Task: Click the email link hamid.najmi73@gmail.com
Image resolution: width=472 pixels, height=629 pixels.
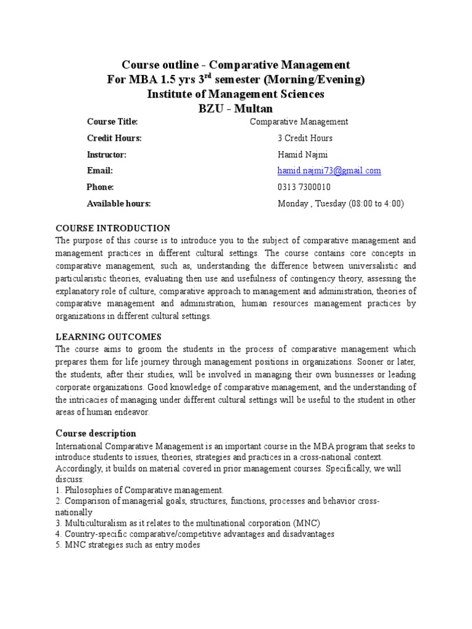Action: click(x=329, y=171)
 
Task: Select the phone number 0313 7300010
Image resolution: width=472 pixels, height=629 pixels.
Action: click(x=304, y=187)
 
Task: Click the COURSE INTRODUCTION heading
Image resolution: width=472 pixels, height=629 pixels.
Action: click(x=113, y=228)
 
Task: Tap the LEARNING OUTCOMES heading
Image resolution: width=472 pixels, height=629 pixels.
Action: click(x=109, y=337)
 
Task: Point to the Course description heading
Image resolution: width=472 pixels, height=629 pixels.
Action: click(x=96, y=433)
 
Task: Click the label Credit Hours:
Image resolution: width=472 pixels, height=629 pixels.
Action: click(x=114, y=138)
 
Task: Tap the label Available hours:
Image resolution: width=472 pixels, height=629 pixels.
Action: click(x=119, y=204)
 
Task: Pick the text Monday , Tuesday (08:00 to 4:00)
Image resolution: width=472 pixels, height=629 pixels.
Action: click(x=341, y=204)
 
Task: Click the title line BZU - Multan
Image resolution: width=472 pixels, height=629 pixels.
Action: click(x=235, y=109)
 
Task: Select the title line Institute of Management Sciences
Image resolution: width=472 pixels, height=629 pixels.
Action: click(x=235, y=94)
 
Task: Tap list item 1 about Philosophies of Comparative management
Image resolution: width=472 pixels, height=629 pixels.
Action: click(x=140, y=490)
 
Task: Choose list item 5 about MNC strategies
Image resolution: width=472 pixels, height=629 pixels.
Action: click(x=128, y=545)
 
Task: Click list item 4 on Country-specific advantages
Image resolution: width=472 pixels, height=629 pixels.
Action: click(x=195, y=534)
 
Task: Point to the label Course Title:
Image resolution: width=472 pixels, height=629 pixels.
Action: click(x=112, y=122)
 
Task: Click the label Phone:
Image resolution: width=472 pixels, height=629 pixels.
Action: click(x=100, y=187)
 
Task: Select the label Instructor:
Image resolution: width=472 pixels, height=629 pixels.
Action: click(x=107, y=155)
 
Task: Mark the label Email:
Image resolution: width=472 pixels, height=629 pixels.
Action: click(x=100, y=171)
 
